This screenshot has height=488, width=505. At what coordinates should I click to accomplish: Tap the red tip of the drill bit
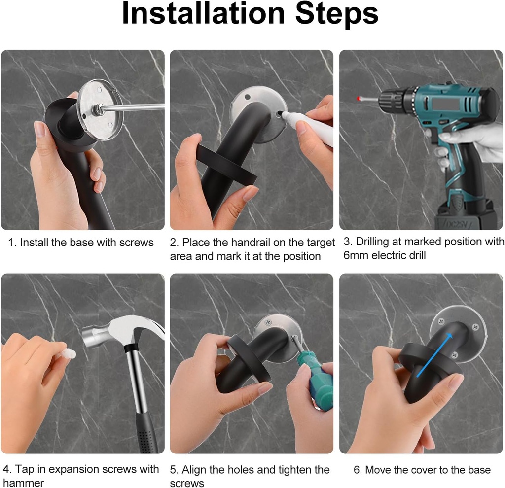[358, 99]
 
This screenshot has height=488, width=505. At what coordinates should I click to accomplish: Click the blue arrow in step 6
[434, 355]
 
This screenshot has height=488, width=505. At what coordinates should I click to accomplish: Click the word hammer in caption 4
[24, 483]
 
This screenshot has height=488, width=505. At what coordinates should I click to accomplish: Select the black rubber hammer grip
[146, 429]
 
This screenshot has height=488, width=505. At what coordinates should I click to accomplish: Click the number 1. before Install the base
[13, 243]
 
